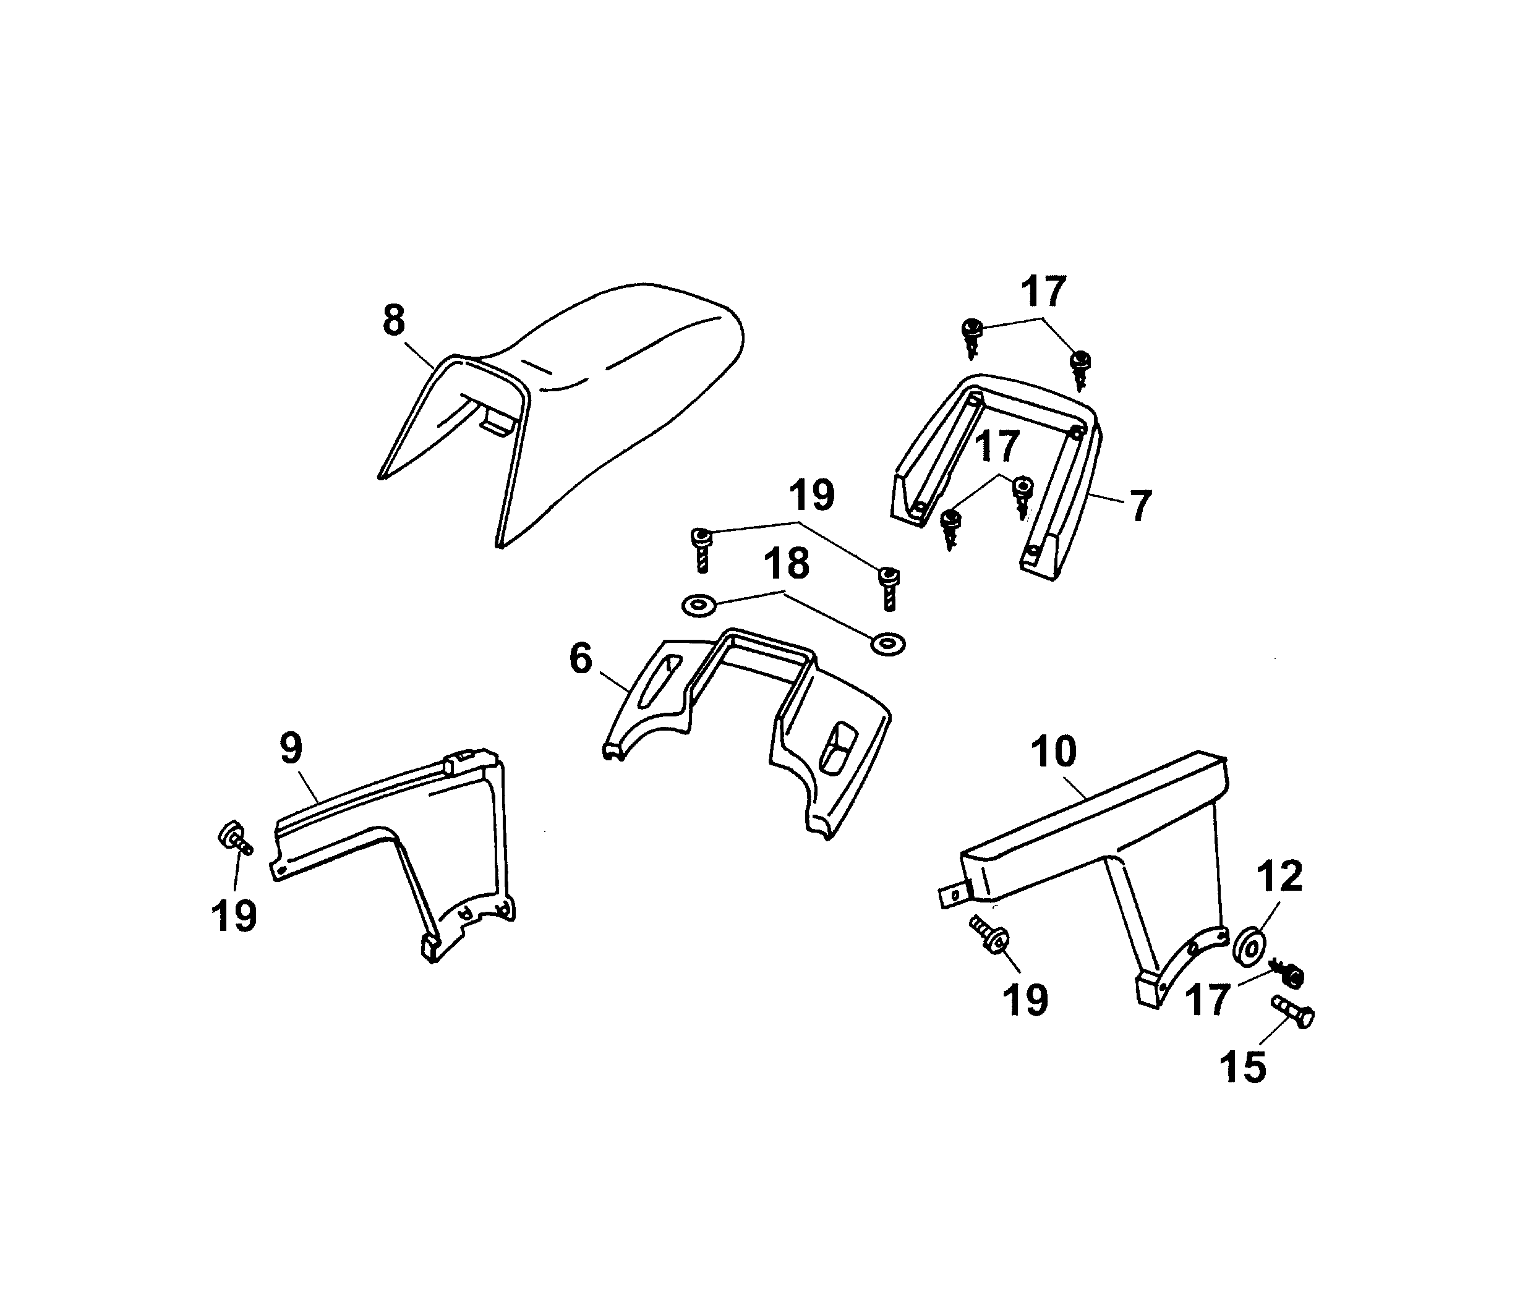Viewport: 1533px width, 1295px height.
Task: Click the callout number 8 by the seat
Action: click(x=394, y=321)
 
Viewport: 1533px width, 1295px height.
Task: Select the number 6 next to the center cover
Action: click(x=580, y=658)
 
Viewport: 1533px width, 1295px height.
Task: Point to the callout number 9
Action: click(x=291, y=748)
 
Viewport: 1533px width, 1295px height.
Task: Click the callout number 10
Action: click(x=1053, y=751)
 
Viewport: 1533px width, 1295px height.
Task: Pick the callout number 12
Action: click(x=1279, y=876)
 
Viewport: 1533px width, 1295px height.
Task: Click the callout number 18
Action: click(x=786, y=564)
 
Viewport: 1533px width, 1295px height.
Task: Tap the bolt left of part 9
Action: click(x=234, y=838)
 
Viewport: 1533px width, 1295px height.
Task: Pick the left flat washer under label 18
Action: click(x=699, y=606)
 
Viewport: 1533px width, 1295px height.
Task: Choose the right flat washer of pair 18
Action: click(x=887, y=644)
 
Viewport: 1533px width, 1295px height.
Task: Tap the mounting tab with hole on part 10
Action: click(x=954, y=896)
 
